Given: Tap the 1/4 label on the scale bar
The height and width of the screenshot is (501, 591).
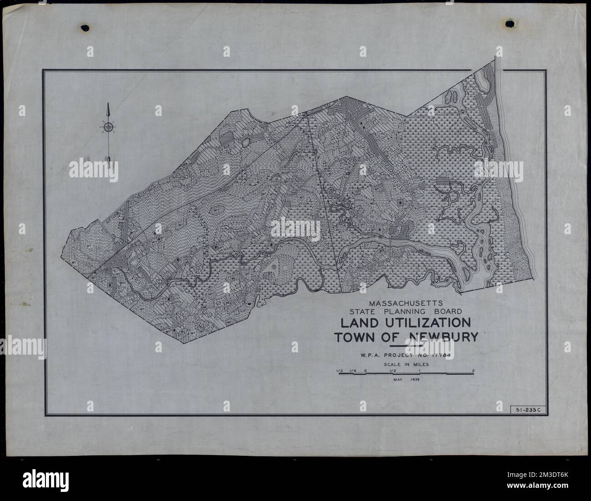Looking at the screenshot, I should tap(352, 371).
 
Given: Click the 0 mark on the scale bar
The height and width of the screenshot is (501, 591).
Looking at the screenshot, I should tap(366, 371).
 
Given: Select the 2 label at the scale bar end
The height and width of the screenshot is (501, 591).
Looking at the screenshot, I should tap(473, 371).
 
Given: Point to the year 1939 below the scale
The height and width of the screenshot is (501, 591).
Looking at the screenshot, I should tap(414, 379).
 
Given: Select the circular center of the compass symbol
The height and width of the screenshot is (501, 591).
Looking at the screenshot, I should tap(108, 127).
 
